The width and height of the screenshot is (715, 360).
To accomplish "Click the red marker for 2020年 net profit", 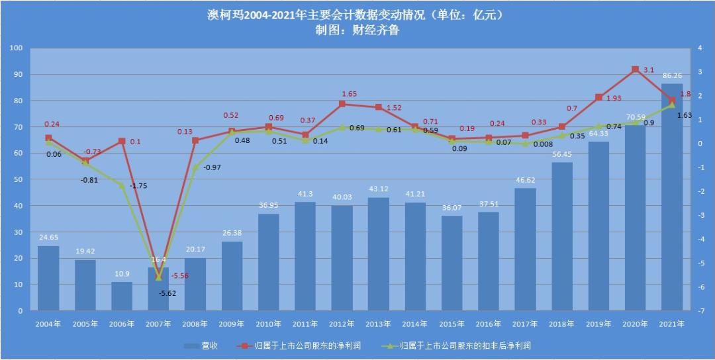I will click(636, 69).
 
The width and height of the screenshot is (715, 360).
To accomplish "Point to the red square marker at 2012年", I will click(342, 104).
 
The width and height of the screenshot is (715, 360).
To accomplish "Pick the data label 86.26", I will click(673, 77).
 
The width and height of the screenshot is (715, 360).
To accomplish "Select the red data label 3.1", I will click(649, 69).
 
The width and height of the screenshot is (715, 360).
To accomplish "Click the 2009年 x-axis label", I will click(232, 324).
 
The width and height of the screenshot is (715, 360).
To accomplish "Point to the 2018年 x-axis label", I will click(562, 324).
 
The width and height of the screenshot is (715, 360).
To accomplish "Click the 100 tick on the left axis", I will click(17, 48).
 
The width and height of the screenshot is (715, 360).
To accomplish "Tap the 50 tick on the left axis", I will click(19, 179).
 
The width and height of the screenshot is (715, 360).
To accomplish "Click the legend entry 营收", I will click(201, 345).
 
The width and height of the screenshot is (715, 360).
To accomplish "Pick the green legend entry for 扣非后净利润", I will click(456, 345).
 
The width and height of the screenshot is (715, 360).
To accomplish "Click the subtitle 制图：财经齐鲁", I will click(358, 30).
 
